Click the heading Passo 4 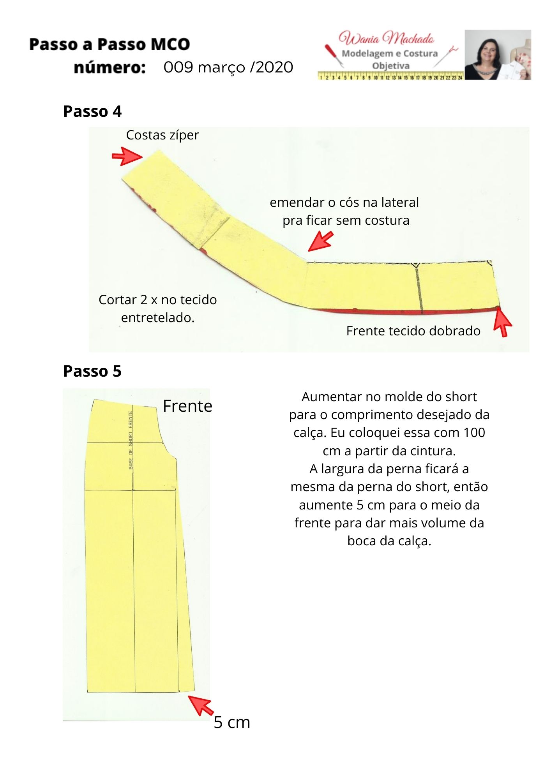[92, 111]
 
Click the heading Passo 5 [92, 371]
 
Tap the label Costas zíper [162, 135]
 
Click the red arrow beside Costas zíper [127, 156]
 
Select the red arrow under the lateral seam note [321, 241]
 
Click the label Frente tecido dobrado [413, 331]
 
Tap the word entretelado [157, 318]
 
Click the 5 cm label [232, 722]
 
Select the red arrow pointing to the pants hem [201, 705]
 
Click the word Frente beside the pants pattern [187, 406]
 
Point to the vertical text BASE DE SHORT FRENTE [131, 440]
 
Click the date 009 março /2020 [228, 67]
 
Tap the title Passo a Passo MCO [109, 44]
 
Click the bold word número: [110, 67]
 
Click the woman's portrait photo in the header [498, 55]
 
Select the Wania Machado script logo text [386, 38]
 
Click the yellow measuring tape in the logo [391, 76]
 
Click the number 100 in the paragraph [474, 432]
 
